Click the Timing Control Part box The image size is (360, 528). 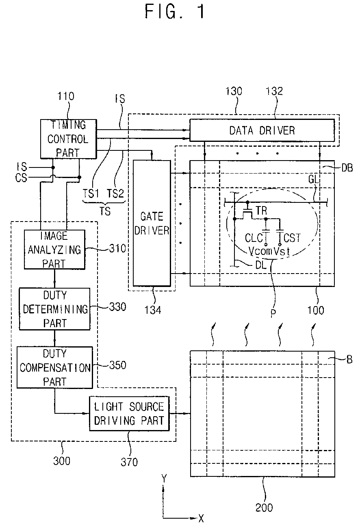[69, 139]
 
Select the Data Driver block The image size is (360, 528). [262, 130]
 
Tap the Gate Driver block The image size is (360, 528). [152, 223]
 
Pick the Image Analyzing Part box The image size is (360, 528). [54, 250]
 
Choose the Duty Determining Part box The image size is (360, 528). [55, 309]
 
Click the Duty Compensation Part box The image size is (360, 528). [55, 367]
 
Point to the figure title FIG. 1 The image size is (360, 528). [175, 11]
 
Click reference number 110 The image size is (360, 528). [66, 96]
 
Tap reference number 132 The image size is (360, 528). [274, 91]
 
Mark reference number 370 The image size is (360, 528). [129, 462]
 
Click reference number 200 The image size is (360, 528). [264, 508]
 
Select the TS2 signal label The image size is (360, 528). [115, 193]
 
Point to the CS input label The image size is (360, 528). [21, 178]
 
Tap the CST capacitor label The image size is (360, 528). [292, 238]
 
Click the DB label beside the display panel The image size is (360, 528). [347, 168]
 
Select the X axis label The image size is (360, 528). [201, 518]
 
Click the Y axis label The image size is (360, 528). [164, 479]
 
